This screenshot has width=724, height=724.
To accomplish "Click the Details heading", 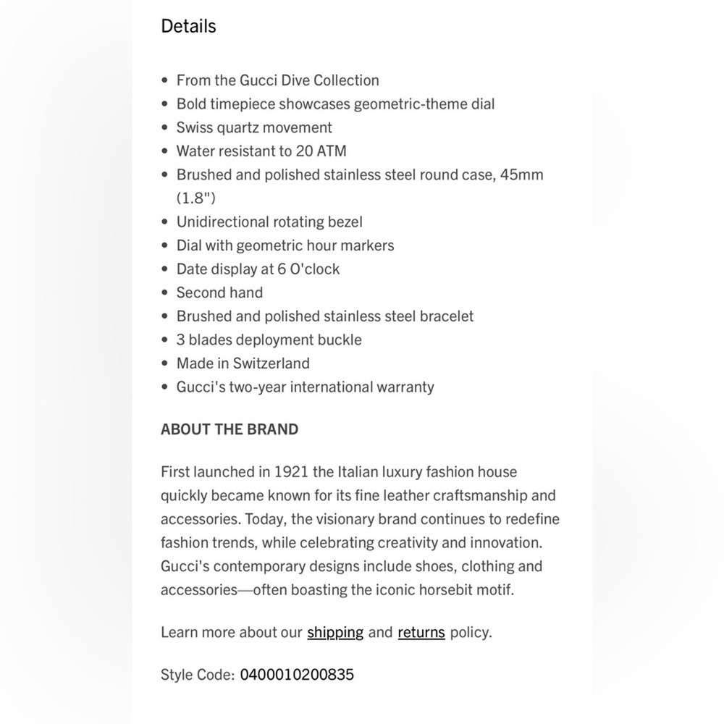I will [188, 26].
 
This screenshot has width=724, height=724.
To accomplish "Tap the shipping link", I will [335, 632].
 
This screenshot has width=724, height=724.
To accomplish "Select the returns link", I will [421, 632].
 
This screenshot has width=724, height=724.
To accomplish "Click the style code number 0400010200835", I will [297, 675].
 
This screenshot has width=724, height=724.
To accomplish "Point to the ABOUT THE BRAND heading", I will [230, 429].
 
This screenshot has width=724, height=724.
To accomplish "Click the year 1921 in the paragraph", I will [292, 472].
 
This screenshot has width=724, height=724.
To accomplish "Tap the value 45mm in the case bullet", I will [521, 174].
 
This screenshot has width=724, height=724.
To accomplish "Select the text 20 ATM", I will [321, 151].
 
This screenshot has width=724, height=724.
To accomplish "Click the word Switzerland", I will [271, 363].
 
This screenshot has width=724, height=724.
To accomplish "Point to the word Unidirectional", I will [222, 222].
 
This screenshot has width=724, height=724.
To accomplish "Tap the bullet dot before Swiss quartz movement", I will [165, 128].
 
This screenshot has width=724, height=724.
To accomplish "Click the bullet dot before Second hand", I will [165, 293].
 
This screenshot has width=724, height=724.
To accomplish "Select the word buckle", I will [340, 340].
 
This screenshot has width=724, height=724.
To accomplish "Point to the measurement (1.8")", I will [195, 198].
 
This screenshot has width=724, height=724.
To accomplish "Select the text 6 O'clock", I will [308, 269].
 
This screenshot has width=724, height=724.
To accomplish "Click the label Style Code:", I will [198, 675].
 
